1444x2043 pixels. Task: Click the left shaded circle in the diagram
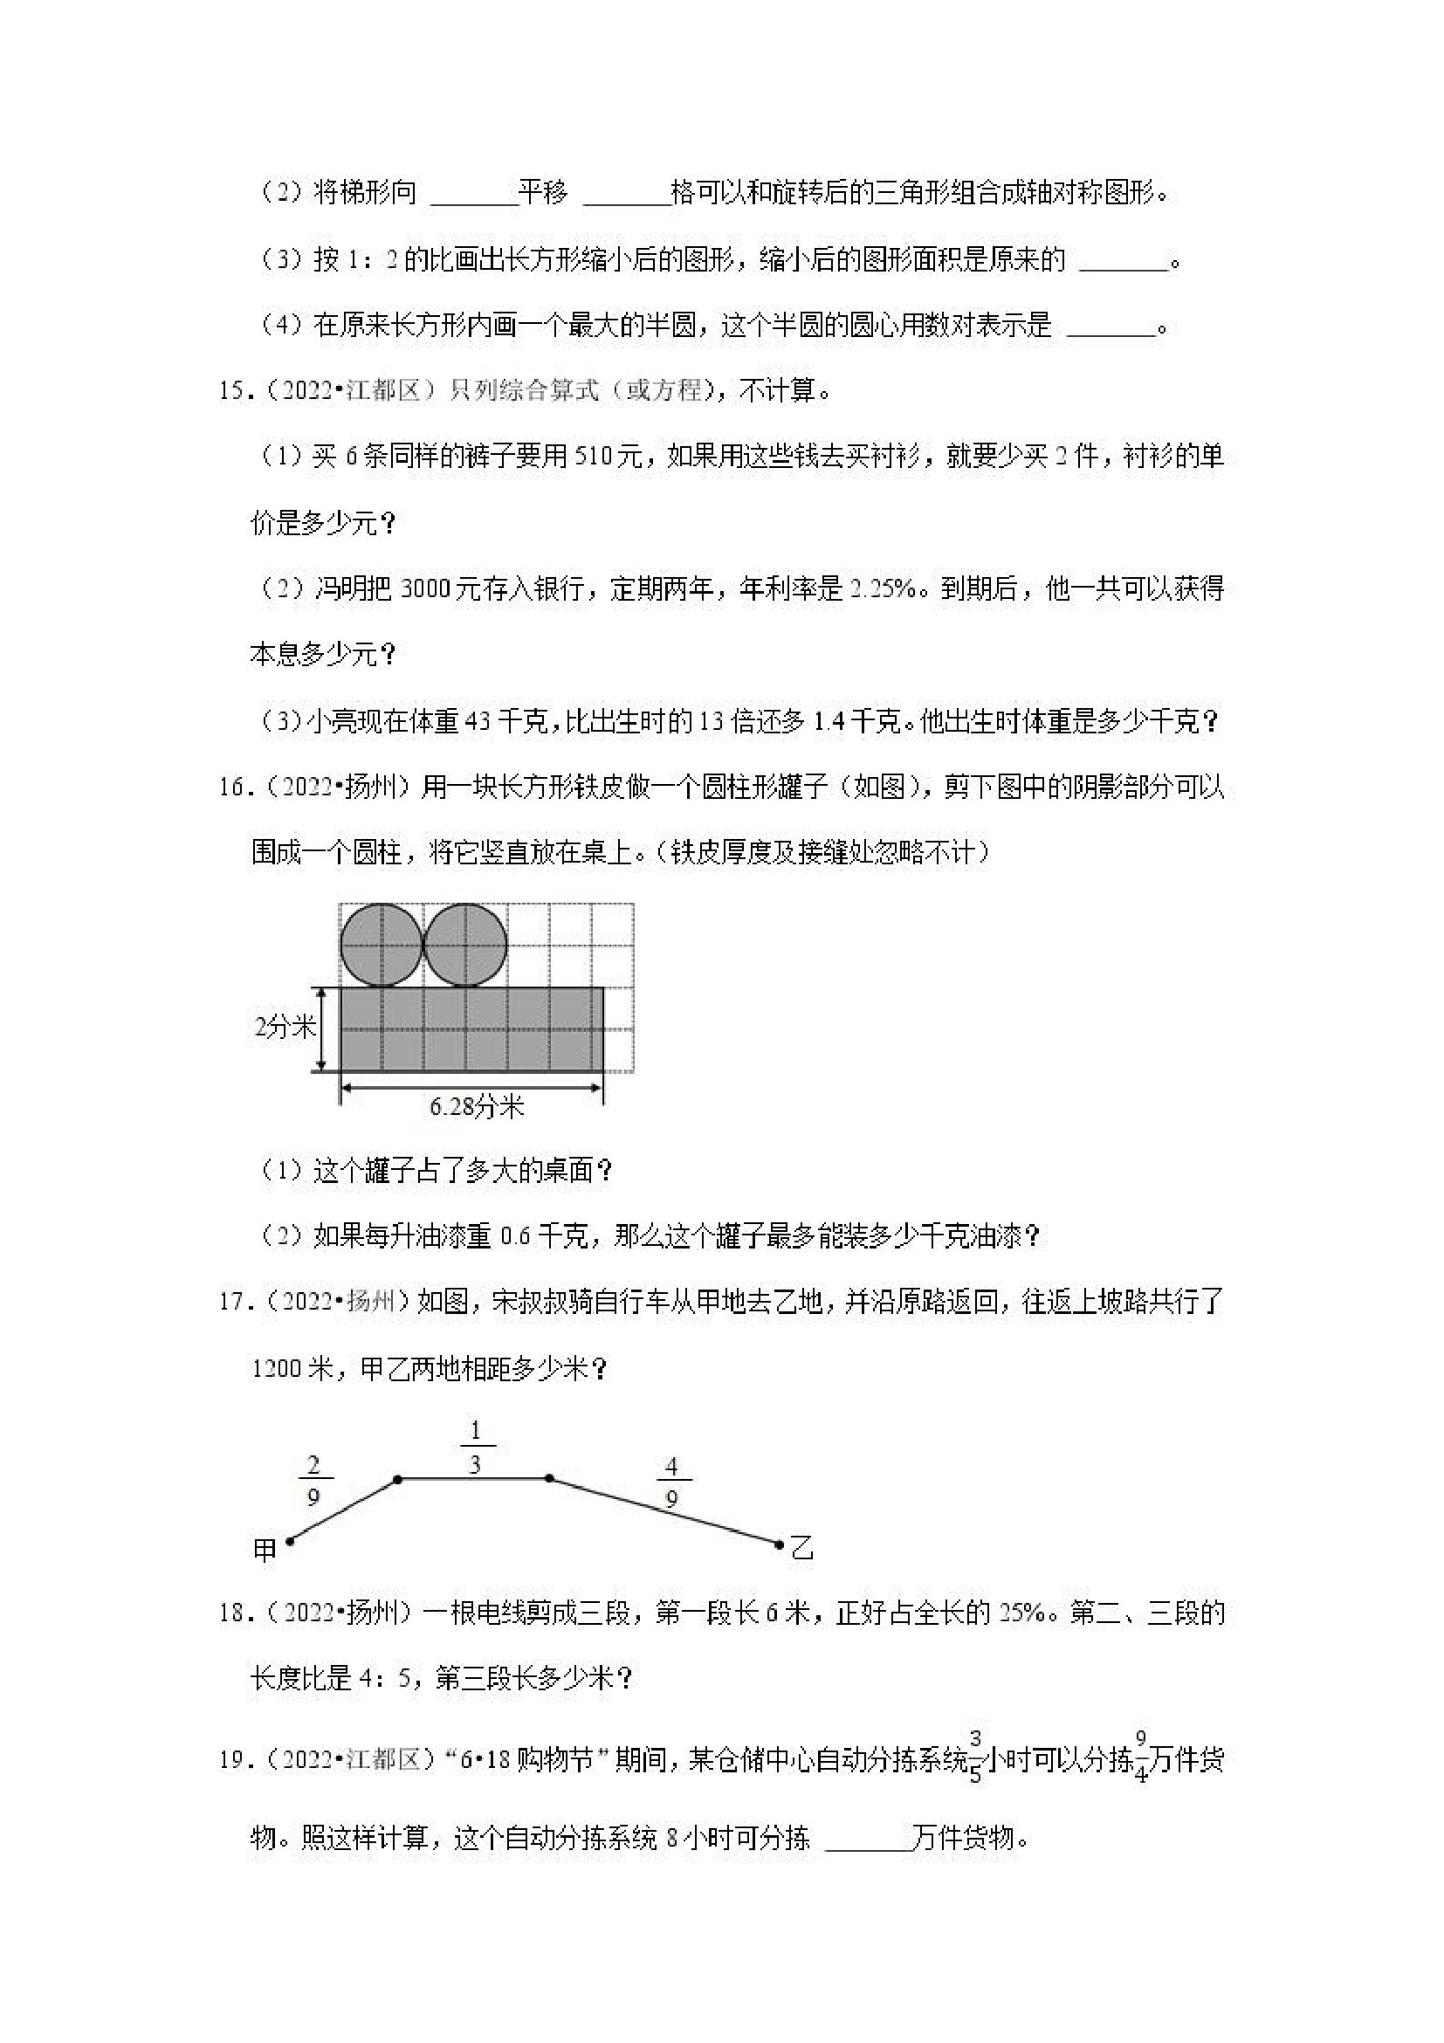tap(381, 946)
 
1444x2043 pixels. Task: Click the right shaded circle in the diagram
tap(465, 946)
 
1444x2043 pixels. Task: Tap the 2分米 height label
tap(285, 1028)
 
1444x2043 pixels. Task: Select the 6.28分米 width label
tap(477, 1106)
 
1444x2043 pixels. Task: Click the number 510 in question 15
tap(594, 457)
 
